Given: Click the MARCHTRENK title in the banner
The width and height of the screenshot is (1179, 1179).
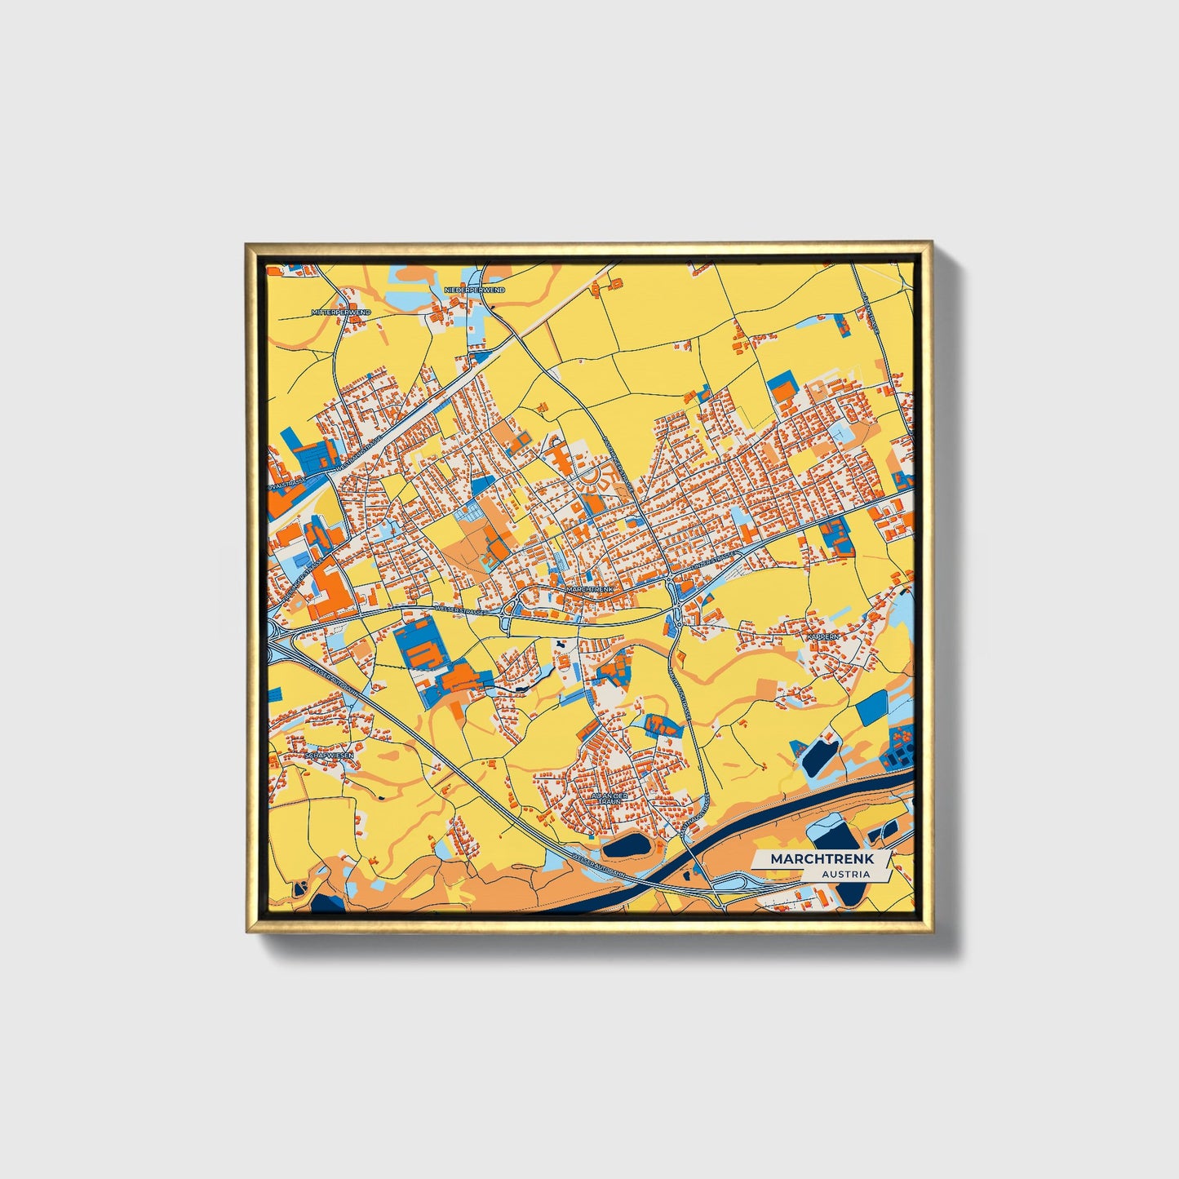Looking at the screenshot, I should [x=822, y=859].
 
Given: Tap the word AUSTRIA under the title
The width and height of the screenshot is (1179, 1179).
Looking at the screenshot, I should [x=845, y=875].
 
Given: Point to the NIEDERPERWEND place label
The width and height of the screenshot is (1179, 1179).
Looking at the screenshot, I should [x=474, y=290].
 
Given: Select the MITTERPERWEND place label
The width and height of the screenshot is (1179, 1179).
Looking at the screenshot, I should [x=341, y=312].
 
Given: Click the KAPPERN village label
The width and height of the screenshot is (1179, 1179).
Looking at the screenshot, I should [x=822, y=636].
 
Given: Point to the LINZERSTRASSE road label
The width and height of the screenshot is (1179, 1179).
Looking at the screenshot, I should [x=711, y=562].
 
